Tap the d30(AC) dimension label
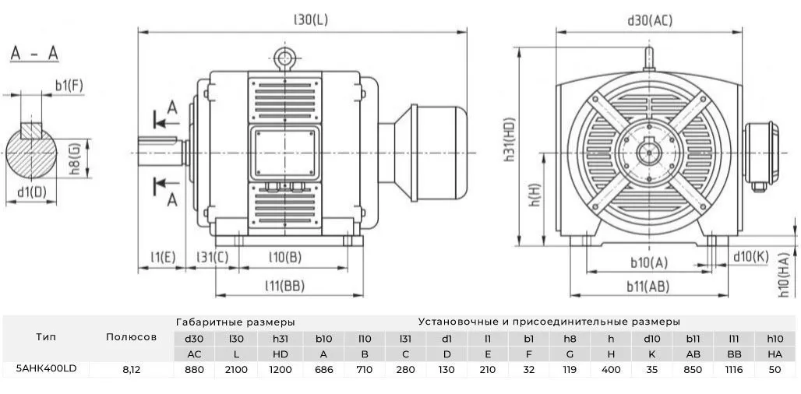[x=649, y=20]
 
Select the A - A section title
[x=34, y=55]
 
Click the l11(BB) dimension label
[x=283, y=285]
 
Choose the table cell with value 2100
[x=236, y=369]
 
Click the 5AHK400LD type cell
[x=45, y=368]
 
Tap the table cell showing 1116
[x=734, y=369]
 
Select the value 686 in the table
[x=323, y=369]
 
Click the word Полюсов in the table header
[x=131, y=337]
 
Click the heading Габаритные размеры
[x=235, y=321]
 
